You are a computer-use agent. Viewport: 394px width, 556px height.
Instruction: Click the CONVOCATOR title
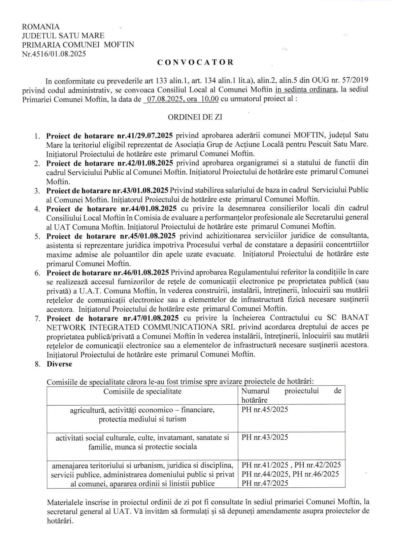pos(195,62)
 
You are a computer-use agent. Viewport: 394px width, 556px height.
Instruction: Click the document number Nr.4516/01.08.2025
pos(54,53)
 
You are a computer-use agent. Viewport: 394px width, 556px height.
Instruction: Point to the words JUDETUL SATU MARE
pos(63,36)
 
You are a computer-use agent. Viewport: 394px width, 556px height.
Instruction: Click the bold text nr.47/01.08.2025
pos(150,318)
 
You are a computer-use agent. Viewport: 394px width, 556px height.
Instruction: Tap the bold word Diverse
pos(59,364)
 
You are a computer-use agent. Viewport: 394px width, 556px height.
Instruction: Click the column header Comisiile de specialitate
pos(142,391)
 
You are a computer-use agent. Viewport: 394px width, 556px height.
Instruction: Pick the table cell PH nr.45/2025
pos(265,410)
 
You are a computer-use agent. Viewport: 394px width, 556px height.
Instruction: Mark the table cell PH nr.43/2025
pos(265,437)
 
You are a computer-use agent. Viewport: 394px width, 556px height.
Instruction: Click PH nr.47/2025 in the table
pos(265,483)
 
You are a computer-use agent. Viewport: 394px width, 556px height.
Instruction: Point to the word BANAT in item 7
pos(355,318)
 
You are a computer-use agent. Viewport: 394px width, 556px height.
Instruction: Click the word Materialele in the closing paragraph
pos(64,502)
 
